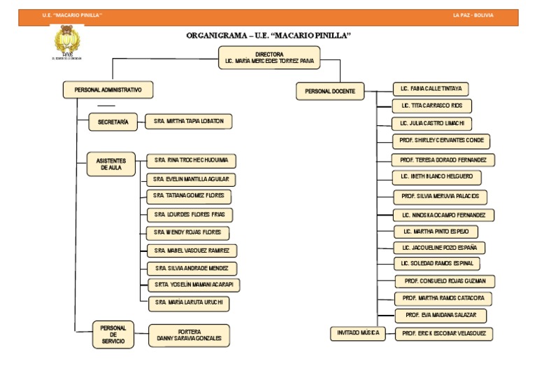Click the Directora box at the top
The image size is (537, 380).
pyautogui.click(x=269, y=57)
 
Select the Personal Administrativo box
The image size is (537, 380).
pyautogui.click(x=108, y=90)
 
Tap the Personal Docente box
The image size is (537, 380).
pyautogui.click(x=330, y=91)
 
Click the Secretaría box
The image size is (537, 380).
pyautogui.click(x=112, y=122)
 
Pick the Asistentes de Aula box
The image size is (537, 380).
pyautogui.click(x=110, y=164)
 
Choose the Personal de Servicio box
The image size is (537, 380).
pyautogui.click(x=113, y=335)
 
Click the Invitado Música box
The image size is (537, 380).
pyautogui.click(x=357, y=333)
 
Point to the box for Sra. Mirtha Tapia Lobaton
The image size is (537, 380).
pyautogui.click(x=188, y=122)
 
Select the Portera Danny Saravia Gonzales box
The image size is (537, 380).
pyautogui.click(x=189, y=335)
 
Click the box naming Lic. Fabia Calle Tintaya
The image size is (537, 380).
pyautogui.click(x=430, y=90)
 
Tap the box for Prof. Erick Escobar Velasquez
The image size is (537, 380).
pyautogui.click(x=444, y=334)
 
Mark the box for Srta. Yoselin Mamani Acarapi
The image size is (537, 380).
pyautogui.click(x=194, y=285)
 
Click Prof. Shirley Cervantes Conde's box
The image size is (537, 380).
pyautogui.click(x=441, y=141)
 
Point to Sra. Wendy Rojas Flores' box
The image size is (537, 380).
pyautogui.click(x=188, y=232)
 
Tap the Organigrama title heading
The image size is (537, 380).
pyautogui.click(x=268, y=35)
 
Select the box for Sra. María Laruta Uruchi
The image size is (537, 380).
pyautogui.click(x=188, y=303)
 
